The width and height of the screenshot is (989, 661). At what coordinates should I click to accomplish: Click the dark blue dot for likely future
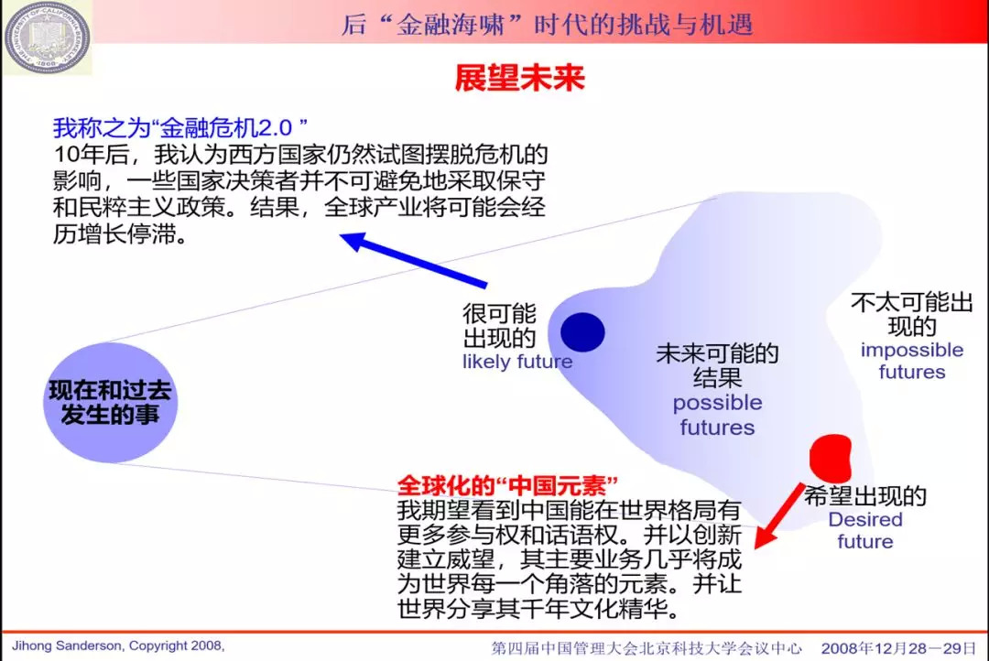582,331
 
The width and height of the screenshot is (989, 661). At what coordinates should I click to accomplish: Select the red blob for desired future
831,453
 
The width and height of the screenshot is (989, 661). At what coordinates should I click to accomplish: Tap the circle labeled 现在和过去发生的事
110,403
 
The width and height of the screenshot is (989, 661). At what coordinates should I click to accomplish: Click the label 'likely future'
516,362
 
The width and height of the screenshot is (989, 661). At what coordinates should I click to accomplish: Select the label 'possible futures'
717,415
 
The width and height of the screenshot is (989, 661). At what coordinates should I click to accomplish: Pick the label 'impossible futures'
911,361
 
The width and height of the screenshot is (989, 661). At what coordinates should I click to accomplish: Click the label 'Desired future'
864,530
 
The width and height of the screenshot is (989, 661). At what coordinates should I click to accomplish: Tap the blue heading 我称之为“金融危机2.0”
179,127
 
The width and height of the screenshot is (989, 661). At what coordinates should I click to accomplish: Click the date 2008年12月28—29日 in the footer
898,647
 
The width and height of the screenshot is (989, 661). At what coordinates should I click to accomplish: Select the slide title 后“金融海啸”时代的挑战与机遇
547,23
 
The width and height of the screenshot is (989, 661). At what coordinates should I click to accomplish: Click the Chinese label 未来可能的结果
717,365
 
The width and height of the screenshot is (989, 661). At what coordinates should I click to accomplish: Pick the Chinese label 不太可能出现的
911,314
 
